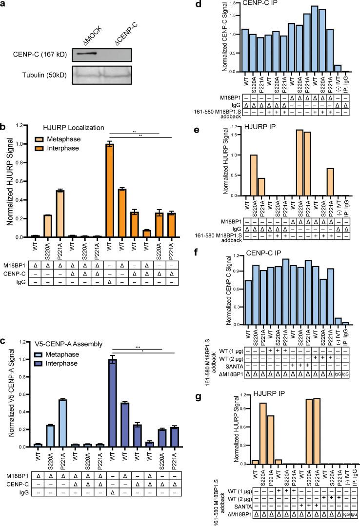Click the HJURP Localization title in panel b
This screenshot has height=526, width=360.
(x=61, y=127)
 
